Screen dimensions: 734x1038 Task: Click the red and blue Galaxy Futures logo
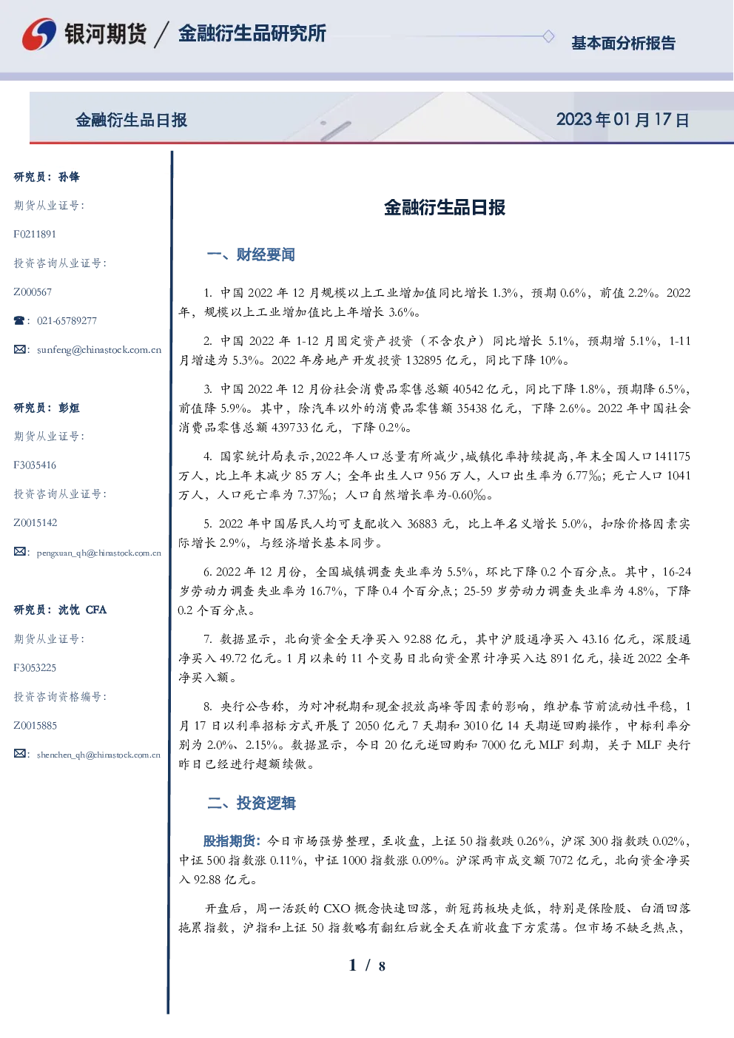coord(39,34)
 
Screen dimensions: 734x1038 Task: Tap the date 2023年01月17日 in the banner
coord(622,120)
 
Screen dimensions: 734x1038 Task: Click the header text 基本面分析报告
coord(623,43)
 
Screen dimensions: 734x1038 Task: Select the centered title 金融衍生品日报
coord(445,207)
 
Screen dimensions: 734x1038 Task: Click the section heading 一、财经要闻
coord(251,255)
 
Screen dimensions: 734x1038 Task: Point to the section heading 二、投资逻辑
coord(251,803)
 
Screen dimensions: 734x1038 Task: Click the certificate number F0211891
coord(35,234)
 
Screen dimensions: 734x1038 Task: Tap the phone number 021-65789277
coord(67,320)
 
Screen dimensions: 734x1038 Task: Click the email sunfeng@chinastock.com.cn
coord(99,350)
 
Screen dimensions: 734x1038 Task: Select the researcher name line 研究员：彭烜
coord(47,408)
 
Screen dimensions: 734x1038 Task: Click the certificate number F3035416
coord(35,465)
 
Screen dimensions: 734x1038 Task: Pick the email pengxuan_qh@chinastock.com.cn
coord(99,553)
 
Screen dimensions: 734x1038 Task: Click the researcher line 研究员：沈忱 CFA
coord(60,610)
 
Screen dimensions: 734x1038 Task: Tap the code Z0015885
coord(36,726)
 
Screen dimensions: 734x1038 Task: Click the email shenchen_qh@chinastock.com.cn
coord(98,755)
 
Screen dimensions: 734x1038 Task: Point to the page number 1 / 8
coord(367,965)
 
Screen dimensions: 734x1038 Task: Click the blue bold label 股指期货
coord(229,840)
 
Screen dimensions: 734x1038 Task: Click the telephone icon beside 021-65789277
coord(19,320)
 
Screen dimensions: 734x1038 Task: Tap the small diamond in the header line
coord(548,36)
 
